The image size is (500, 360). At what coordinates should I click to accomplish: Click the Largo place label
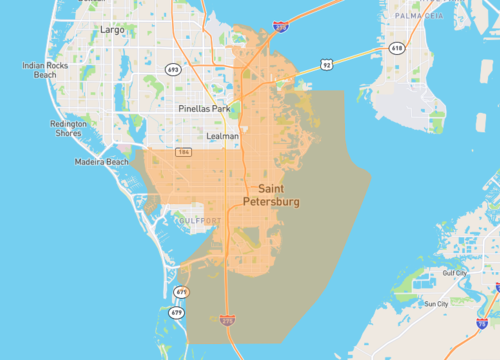tap(113, 30)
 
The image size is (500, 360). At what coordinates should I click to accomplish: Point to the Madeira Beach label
tap(102, 162)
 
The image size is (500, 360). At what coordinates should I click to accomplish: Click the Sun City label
tap(436, 303)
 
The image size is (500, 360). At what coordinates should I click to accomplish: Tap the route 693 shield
tap(173, 70)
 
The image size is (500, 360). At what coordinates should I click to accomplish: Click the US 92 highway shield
tap(326, 64)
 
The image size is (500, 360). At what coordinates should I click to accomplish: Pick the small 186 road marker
tap(183, 152)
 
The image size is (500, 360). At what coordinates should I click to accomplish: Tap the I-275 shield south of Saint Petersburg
tap(228, 321)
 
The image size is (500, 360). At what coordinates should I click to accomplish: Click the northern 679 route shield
tap(180, 292)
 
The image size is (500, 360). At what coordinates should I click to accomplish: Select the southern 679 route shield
tap(177, 313)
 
